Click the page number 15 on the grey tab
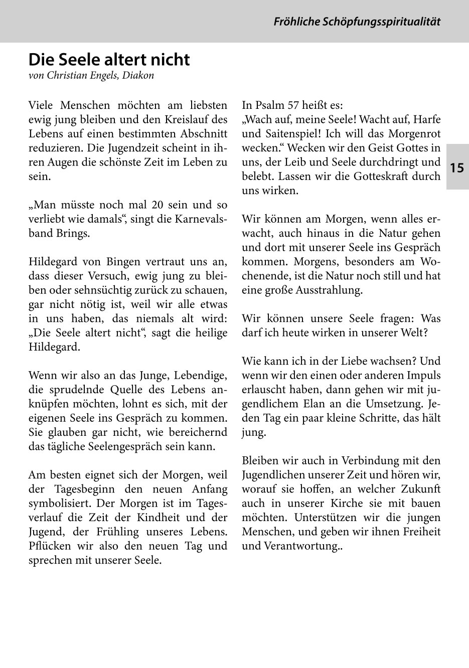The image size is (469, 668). [457, 168]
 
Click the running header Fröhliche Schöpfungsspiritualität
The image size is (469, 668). [357, 22]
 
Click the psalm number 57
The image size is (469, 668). [294, 106]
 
